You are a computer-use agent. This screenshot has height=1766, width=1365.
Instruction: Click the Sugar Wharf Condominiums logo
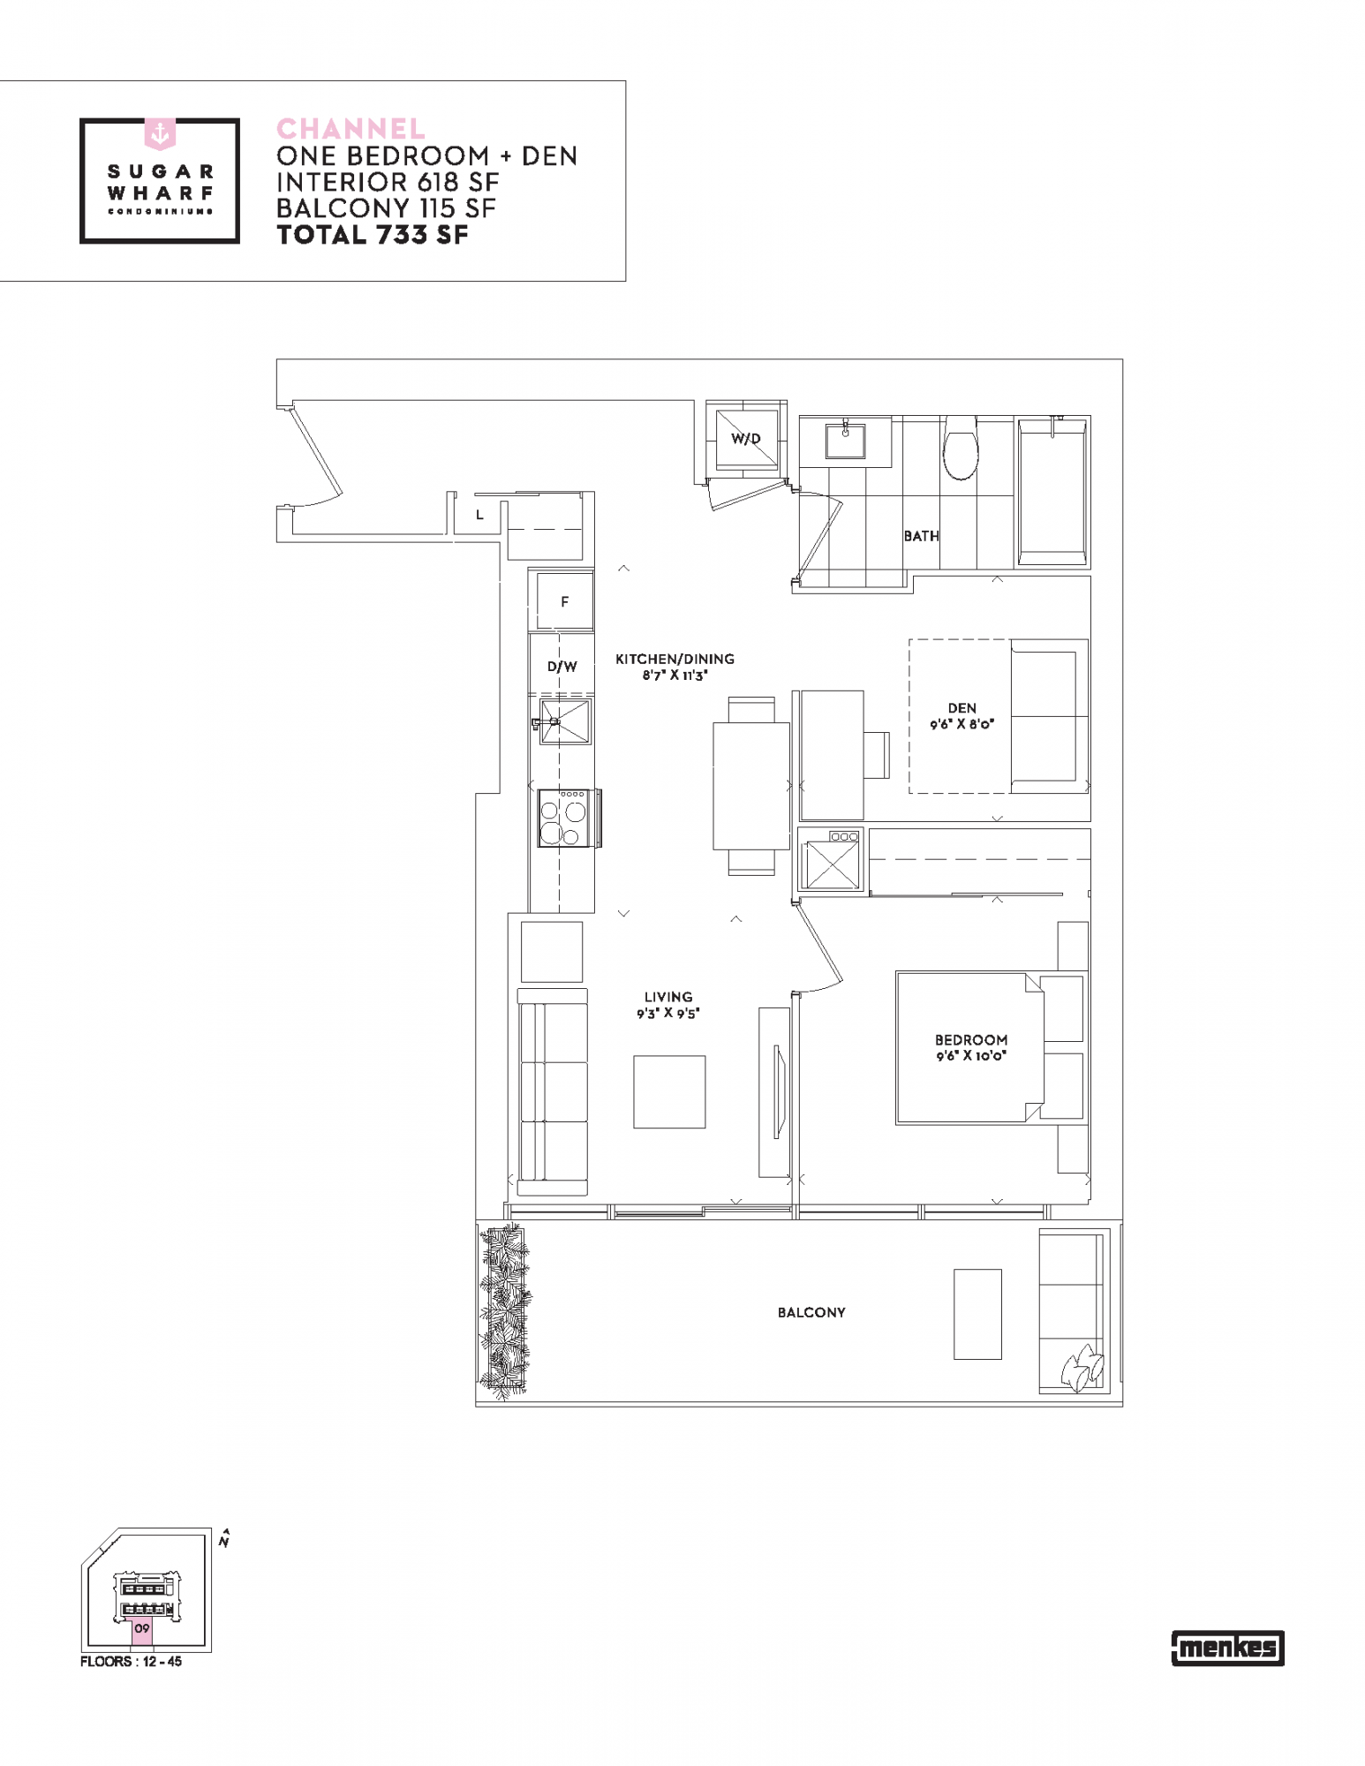(x=160, y=180)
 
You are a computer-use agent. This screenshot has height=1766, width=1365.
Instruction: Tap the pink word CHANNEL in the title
(x=351, y=129)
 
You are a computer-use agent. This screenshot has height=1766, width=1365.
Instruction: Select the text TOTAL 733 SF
(x=373, y=235)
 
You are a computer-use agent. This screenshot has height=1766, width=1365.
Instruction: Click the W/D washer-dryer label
(x=746, y=439)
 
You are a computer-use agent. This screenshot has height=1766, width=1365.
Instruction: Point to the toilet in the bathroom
(x=961, y=448)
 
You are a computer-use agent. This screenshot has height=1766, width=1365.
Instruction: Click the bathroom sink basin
(x=846, y=440)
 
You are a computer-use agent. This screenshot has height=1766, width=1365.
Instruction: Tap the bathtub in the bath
(x=1052, y=492)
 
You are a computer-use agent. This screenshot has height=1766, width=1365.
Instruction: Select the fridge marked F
(x=565, y=601)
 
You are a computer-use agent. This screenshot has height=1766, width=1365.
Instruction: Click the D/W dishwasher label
(x=562, y=667)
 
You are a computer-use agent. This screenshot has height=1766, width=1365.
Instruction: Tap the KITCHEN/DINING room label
(x=675, y=659)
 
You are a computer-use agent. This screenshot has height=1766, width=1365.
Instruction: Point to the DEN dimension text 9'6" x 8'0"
(x=962, y=724)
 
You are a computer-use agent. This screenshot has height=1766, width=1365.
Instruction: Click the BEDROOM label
(x=971, y=1040)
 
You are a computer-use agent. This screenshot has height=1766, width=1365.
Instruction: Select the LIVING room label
(x=668, y=997)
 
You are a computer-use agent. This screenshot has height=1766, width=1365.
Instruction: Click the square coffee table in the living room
(x=669, y=1092)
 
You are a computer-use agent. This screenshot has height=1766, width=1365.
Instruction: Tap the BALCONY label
(x=811, y=1313)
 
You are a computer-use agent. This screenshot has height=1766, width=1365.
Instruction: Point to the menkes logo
(x=1227, y=1648)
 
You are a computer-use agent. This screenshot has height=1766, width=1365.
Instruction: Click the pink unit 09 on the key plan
(x=142, y=1632)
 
